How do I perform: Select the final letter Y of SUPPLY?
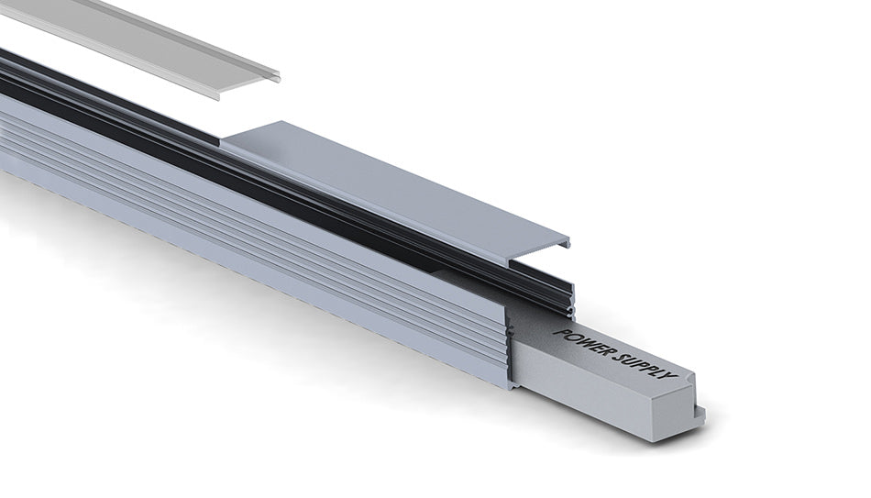click(671, 376)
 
